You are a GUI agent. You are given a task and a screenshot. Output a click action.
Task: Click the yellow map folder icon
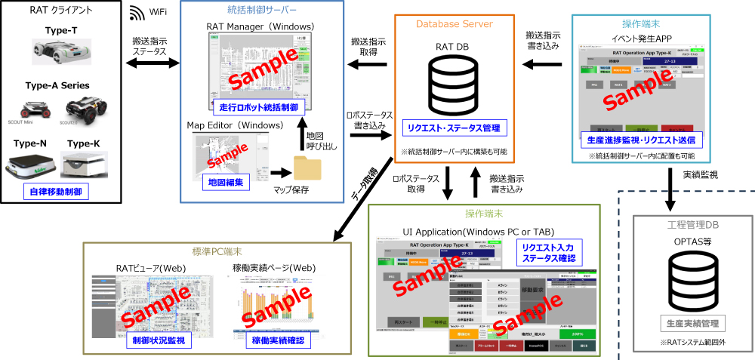(308, 167)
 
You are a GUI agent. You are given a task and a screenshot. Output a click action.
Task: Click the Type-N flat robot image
(31, 165)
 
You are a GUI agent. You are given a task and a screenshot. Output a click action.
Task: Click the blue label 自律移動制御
(55, 192)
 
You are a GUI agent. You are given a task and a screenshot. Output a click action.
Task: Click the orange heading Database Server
(455, 24)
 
